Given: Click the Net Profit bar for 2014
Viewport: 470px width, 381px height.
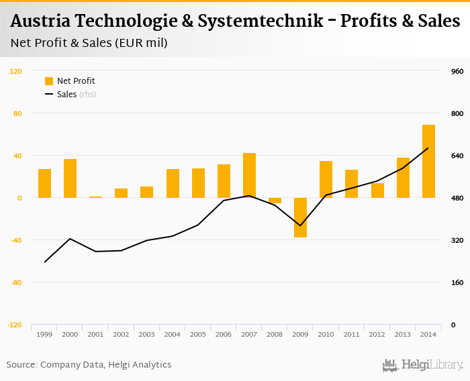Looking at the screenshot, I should tap(428, 161).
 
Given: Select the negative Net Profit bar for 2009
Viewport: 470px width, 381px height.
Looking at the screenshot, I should tap(300, 217).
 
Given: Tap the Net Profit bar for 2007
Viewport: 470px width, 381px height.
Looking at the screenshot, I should tap(249, 175).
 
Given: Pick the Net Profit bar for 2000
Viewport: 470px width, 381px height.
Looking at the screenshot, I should tap(70, 178).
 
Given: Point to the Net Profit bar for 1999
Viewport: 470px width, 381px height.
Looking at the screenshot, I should tap(44, 183).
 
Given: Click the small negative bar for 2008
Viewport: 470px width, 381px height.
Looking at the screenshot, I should tap(275, 201).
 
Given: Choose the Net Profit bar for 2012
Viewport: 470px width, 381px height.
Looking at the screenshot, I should tap(377, 190).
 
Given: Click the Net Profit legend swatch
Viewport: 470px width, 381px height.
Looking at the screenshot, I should tap(49, 81).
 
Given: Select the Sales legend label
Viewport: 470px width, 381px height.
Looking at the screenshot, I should tap(67, 95).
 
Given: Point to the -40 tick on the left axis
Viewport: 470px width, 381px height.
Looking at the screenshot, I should tap(15, 240).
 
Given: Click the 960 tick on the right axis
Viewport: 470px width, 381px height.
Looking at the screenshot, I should tap(457, 71).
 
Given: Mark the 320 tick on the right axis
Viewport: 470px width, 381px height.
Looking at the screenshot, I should tap(457, 240).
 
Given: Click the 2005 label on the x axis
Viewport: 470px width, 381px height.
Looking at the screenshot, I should tap(198, 334).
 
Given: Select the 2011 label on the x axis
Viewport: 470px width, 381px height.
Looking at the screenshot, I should tap(352, 334).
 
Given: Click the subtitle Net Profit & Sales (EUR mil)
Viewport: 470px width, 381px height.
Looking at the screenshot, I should tap(89, 43).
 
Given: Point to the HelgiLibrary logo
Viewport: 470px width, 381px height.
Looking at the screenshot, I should tap(422, 366).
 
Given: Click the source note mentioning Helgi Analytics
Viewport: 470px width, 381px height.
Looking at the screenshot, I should tap(89, 364).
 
